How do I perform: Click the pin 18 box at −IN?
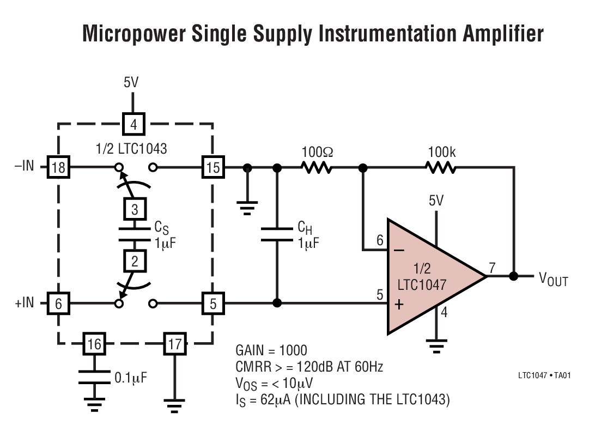coord(58,167)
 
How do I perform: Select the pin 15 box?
coord(212,167)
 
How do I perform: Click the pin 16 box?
coord(95,344)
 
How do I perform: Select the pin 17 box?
coord(174,344)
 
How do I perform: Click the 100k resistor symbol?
coord(441,168)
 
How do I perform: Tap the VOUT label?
coord(553,280)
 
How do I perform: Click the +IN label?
coord(24,303)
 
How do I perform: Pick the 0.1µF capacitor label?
coord(130,377)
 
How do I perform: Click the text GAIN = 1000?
coord(271,350)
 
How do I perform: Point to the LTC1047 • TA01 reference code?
coord(544,375)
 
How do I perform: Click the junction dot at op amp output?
coord(513,276)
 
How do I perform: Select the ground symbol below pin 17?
coord(174,404)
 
